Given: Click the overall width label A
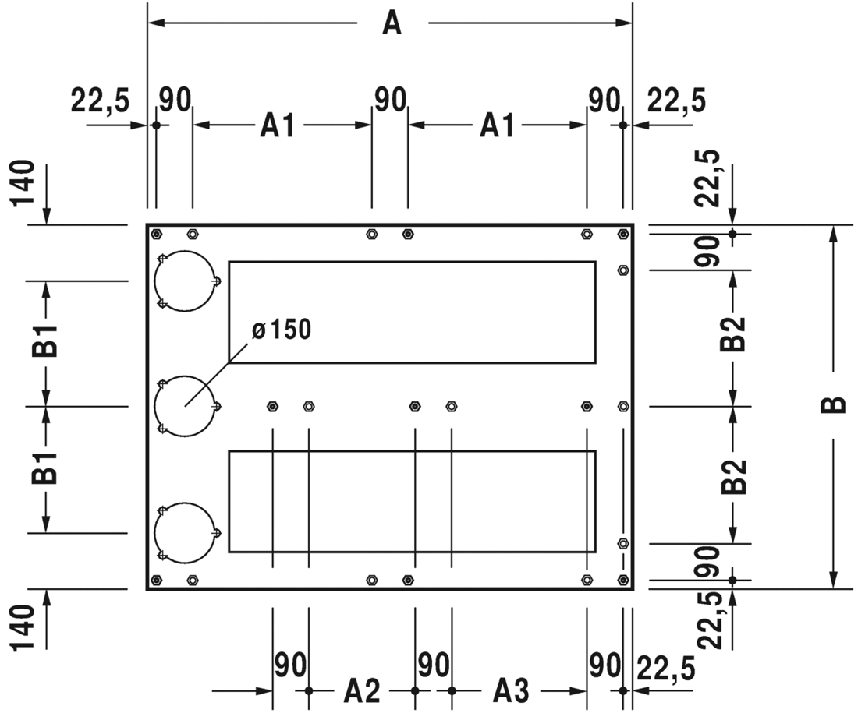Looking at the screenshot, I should pyautogui.click(x=392, y=23).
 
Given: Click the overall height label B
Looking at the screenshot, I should pyautogui.click(x=834, y=405).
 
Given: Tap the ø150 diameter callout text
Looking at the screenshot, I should pyautogui.click(x=282, y=330).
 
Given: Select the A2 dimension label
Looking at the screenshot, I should pyautogui.click(x=362, y=690).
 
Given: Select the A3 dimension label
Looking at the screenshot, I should pyautogui.click(x=511, y=690).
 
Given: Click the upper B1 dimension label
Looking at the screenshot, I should pyautogui.click(x=46, y=343).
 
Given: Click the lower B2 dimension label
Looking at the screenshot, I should pyautogui.click(x=733, y=476).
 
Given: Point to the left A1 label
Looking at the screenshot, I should pyautogui.click(x=278, y=125).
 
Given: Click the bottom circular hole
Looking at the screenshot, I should pyautogui.click(x=184, y=533).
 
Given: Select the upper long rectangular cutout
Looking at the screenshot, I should pyautogui.click(x=412, y=312).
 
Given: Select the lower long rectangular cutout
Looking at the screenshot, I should pyautogui.click(x=412, y=501).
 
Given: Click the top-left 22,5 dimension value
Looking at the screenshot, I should pyautogui.click(x=100, y=101).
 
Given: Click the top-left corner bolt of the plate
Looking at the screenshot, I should pyautogui.click(x=156, y=234).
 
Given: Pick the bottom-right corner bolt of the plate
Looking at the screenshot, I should pyautogui.click(x=622, y=580).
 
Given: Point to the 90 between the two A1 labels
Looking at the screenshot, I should pyautogui.click(x=390, y=100).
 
